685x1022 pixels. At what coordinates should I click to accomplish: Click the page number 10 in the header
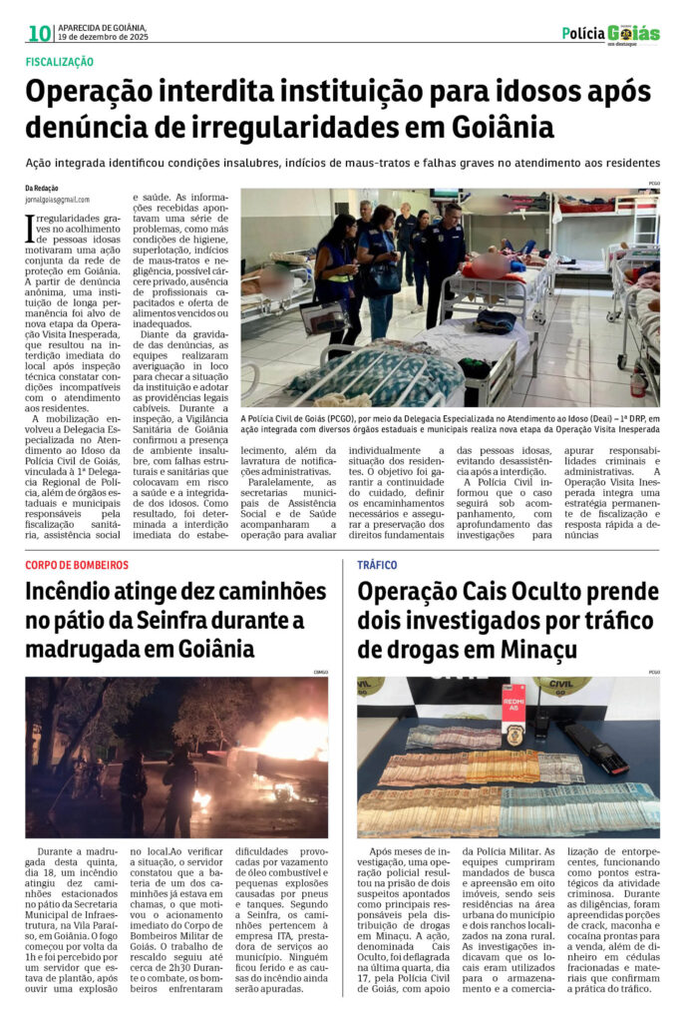pyautogui.click(x=39, y=33)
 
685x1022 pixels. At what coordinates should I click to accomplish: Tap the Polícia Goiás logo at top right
pyautogui.click(x=610, y=34)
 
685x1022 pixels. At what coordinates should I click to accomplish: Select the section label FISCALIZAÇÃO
pyautogui.click(x=60, y=62)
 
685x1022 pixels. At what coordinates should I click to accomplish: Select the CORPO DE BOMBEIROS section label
pyautogui.click(x=77, y=565)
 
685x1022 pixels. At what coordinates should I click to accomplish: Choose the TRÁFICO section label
pyautogui.click(x=377, y=565)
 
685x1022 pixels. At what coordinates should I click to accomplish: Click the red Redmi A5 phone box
pyautogui.click(x=514, y=702)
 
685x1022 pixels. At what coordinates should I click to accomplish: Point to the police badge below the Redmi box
pyautogui.click(x=514, y=736)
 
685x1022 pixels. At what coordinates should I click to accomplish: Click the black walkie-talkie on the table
pyautogui.click(x=544, y=721)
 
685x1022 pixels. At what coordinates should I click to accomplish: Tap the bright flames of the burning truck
pyautogui.click(x=289, y=740)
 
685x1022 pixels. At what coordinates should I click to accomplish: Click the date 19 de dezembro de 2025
pyautogui.click(x=103, y=37)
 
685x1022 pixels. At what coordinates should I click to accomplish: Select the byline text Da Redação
pyautogui.click(x=42, y=188)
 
